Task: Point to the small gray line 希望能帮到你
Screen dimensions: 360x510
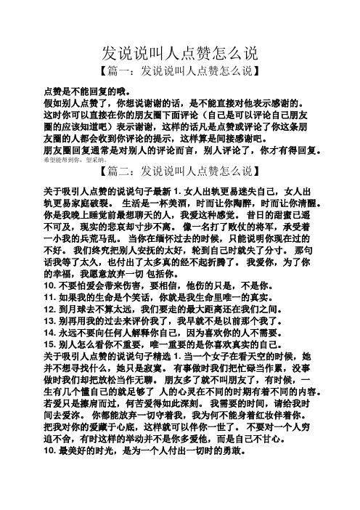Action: (x=78, y=158)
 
